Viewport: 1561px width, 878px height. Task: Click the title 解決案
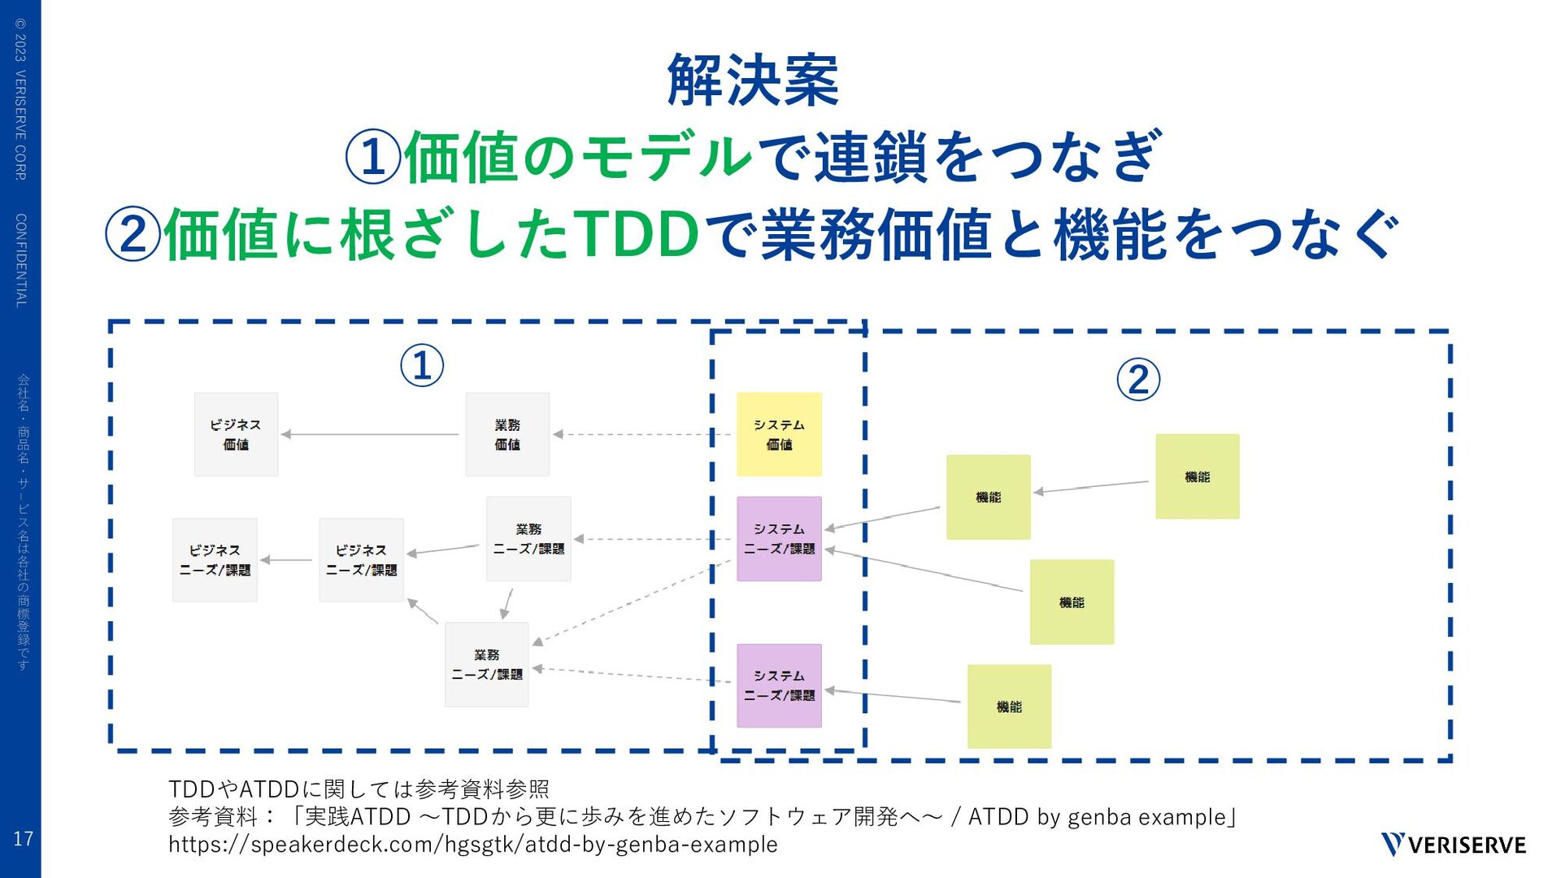click(752, 80)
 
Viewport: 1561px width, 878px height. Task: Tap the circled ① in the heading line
click(372, 157)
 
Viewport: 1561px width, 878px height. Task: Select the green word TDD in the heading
click(637, 234)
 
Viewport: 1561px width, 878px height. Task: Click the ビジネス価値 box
click(236, 434)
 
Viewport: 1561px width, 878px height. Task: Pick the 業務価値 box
click(507, 434)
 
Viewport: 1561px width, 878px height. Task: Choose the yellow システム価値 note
click(779, 434)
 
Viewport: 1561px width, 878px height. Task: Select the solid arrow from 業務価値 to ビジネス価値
click(370, 434)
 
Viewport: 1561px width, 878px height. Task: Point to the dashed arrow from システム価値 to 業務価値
click(642, 434)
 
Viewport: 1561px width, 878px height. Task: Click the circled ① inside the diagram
click(422, 365)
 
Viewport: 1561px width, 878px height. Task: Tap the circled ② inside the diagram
click(1137, 380)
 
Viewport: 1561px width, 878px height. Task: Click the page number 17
click(23, 838)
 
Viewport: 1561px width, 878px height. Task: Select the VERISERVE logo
click(1453, 845)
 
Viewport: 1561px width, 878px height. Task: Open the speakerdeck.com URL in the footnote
click(472, 845)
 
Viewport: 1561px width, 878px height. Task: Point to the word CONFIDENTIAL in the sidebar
click(21, 260)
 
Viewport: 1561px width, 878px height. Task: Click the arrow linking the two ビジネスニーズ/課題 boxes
click(287, 560)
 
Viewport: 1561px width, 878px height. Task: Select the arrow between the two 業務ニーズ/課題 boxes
click(507, 602)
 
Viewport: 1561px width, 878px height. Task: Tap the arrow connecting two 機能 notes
click(1092, 487)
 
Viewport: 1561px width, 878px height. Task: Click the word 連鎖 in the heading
click(870, 157)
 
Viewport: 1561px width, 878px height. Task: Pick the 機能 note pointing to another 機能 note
click(1197, 476)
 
